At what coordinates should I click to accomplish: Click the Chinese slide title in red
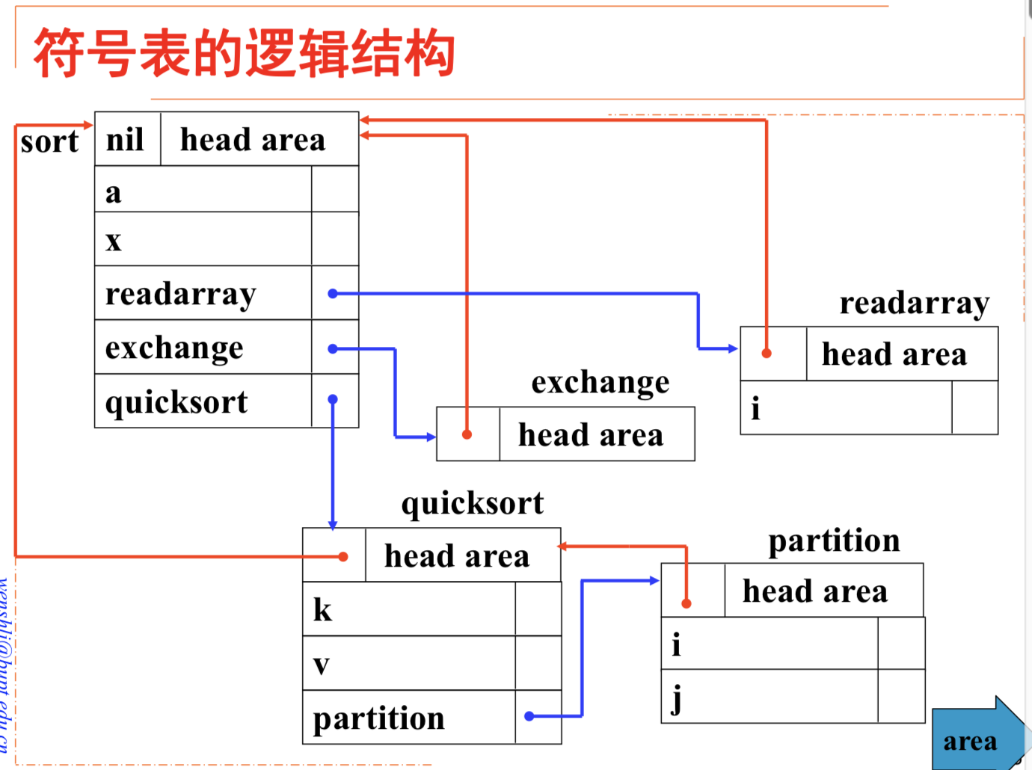[x=244, y=54]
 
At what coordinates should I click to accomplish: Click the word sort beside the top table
[x=49, y=141]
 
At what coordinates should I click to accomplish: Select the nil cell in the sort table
[x=126, y=140]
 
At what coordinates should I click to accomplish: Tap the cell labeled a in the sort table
[x=203, y=191]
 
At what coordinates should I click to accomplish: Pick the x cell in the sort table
[x=203, y=240]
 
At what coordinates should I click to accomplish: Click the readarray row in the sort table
[x=203, y=294]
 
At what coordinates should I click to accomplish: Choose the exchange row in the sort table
[x=203, y=348]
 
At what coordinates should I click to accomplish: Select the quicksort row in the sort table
[x=203, y=401]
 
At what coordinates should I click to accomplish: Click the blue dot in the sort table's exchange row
[x=333, y=348]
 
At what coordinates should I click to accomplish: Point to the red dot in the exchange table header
[x=467, y=434]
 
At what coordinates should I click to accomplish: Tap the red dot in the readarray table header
[x=767, y=353]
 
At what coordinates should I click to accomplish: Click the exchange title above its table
[x=601, y=382]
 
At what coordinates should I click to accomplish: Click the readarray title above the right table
[x=914, y=303]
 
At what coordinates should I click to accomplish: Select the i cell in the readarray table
[x=845, y=408]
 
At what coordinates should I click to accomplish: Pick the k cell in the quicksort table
[x=408, y=609]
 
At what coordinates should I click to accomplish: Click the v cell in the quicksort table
[x=408, y=664]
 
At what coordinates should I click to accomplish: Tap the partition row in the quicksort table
[x=408, y=718]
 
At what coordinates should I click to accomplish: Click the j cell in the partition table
[x=769, y=697]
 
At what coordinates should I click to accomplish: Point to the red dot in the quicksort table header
[x=343, y=556]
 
